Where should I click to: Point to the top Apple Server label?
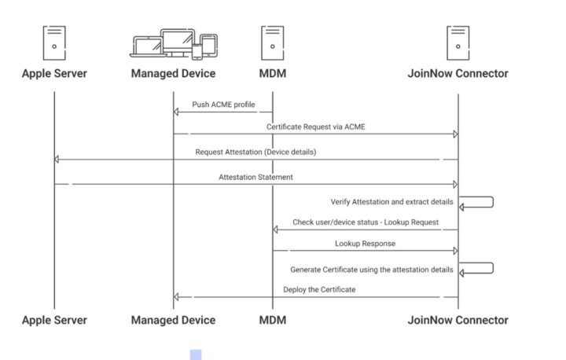pyautogui.click(x=54, y=75)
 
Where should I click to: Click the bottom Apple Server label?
pyautogui.click(x=54, y=320)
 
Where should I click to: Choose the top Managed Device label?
pyautogui.click(x=173, y=75)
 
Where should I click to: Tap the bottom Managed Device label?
pyautogui.click(x=173, y=320)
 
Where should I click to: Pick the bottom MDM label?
pyautogui.click(x=272, y=320)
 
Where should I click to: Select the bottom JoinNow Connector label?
pyautogui.click(x=458, y=320)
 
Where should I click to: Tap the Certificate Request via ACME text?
pyautogui.click(x=316, y=126)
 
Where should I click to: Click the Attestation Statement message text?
pyautogui.click(x=255, y=177)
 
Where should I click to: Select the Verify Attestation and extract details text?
pyautogui.click(x=388, y=201)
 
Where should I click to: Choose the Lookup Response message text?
pyautogui.click(x=364, y=244)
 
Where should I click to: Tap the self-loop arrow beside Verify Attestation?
pyautogui.click(x=476, y=203)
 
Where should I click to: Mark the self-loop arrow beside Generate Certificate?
pyautogui.click(x=476, y=269)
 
